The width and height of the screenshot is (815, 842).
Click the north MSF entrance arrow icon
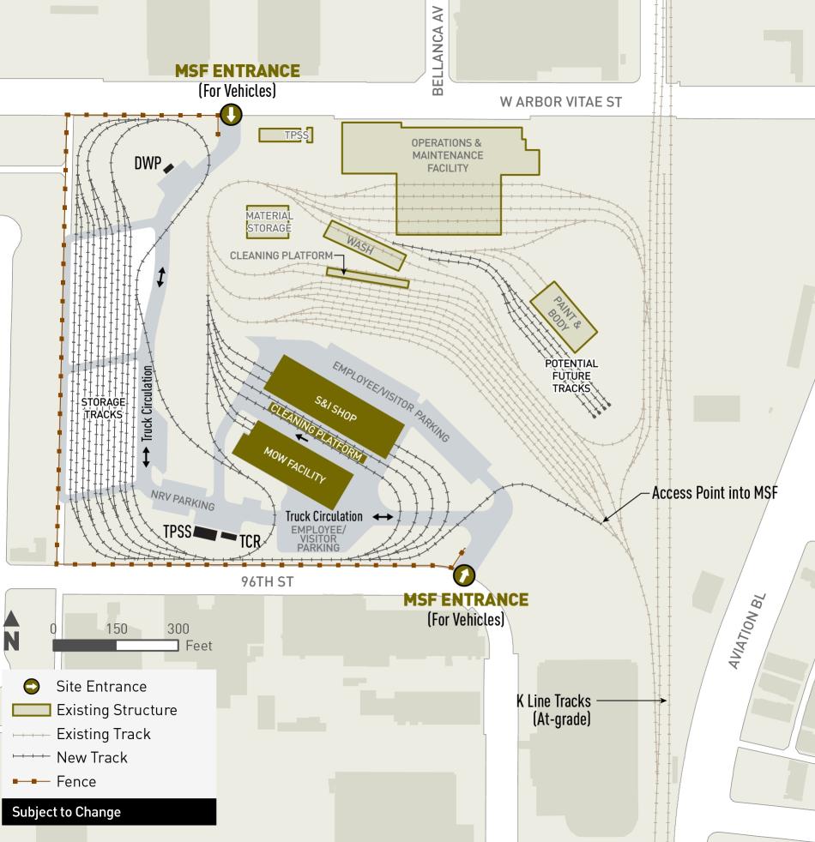[x=231, y=115]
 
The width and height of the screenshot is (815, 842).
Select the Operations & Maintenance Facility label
[x=447, y=155]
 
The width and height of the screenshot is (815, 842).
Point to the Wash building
[x=364, y=245]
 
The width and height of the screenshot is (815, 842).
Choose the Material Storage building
[x=269, y=222]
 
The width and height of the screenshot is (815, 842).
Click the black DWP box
[x=170, y=168]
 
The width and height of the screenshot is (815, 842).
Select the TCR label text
[x=250, y=541]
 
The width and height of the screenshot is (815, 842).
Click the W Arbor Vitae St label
[x=561, y=102]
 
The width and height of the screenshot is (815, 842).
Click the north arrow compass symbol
[x=12, y=631]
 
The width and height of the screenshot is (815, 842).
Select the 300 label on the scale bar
[x=178, y=628]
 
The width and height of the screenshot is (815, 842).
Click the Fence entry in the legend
[x=76, y=781]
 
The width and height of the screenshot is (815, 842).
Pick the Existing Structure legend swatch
[x=31, y=710]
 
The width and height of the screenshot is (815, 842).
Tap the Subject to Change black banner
[x=108, y=812]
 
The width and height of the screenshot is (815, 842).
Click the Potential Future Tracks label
[x=572, y=376]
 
